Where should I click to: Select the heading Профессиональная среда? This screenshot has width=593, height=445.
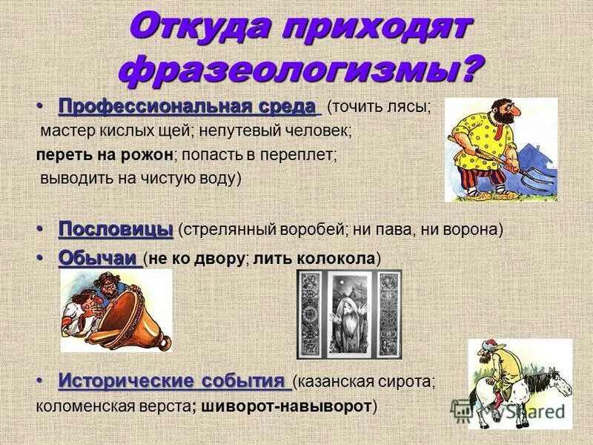pos(187,106)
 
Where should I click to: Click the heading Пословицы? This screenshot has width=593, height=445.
pos(116,228)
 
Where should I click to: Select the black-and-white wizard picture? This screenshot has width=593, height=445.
pos(348,313)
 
